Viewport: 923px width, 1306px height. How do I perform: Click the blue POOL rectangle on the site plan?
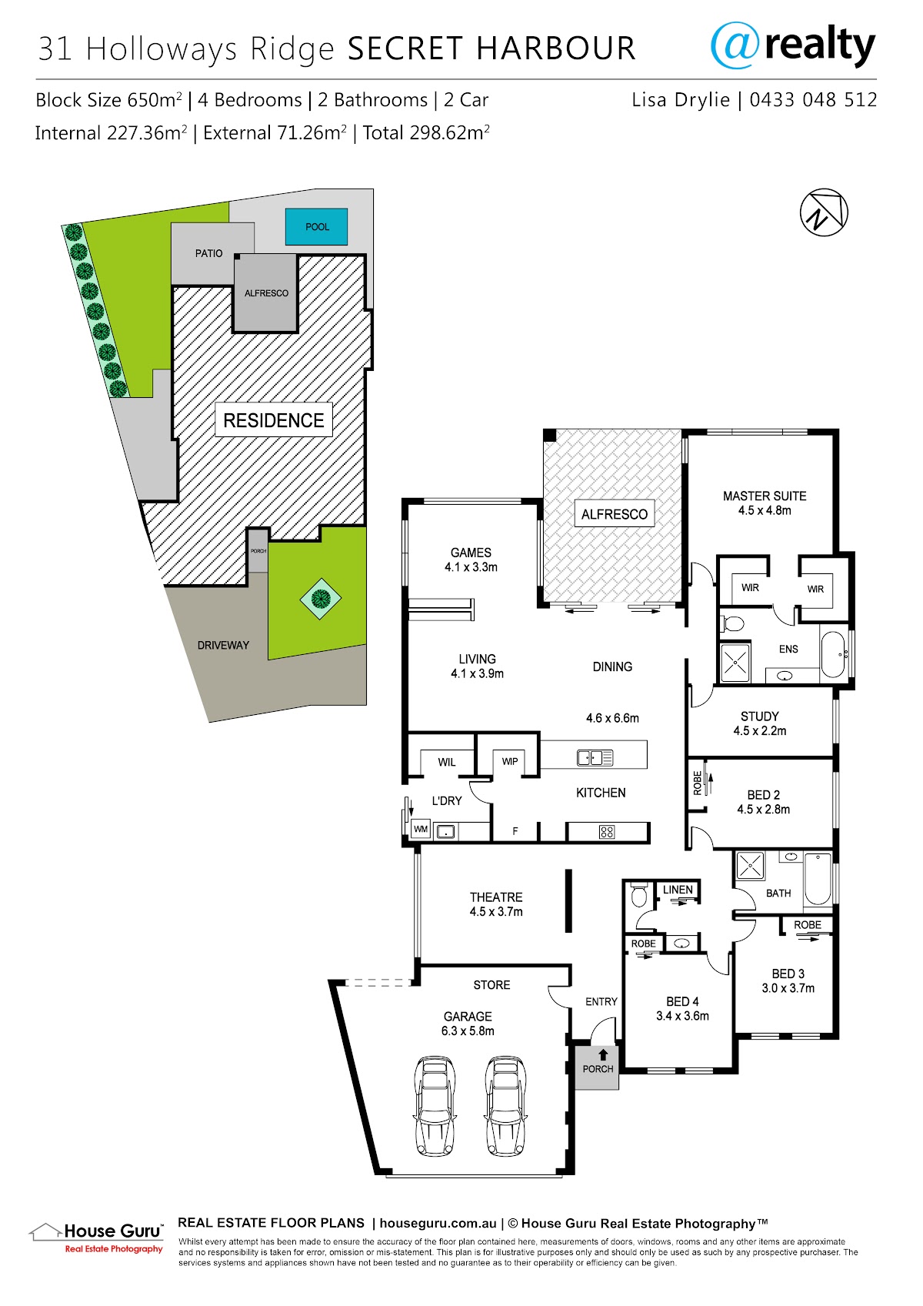point(316,226)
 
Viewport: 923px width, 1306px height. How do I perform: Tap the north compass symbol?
point(823,212)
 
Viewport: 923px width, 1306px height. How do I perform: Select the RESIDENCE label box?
point(273,419)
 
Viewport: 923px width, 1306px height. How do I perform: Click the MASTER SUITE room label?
point(765,496)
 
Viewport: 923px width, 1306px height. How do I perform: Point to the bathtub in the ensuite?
point(834,654)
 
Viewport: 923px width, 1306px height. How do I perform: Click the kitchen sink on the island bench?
point(595,758)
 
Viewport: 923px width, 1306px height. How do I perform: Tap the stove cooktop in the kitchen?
point(607,832)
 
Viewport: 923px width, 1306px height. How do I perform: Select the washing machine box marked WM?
point(420,829)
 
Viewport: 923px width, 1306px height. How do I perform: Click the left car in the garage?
point(435,1105)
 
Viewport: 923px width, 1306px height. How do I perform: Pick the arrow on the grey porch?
point(603,1054)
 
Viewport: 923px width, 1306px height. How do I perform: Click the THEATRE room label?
point(496,897)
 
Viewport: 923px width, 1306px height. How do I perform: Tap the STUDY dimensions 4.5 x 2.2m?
point(760,730)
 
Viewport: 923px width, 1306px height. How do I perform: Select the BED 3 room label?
point(788,974)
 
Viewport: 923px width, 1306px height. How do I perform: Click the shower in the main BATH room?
point(749,865)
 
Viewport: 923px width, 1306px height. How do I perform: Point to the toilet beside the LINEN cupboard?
point(639,895)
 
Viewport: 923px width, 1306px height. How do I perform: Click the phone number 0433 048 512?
point(813,100)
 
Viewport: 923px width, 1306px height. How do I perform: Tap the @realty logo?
point(793,45)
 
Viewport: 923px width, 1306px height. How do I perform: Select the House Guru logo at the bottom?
point(97,1238)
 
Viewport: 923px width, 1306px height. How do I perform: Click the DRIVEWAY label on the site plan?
point(223,645)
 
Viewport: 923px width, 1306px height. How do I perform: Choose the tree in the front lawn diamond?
point(321,598)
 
